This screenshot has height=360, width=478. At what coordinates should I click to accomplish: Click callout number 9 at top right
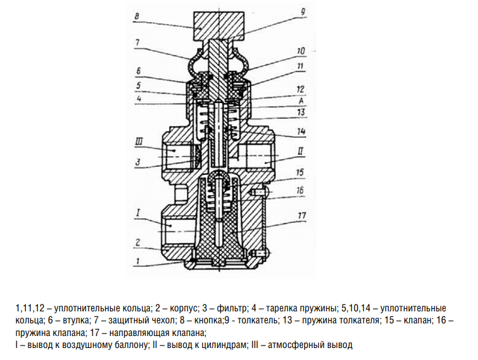point(302,11)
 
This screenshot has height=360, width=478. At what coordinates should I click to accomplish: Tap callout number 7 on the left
point(136,42)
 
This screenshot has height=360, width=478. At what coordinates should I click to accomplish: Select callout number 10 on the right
point(300,51)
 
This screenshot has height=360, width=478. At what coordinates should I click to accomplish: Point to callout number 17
point(301,216)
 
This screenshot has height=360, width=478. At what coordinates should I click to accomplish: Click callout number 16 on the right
point(300,189)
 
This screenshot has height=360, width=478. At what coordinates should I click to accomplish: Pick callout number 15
point(300,171)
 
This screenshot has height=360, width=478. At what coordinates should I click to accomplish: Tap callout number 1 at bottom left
point(136,260)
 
